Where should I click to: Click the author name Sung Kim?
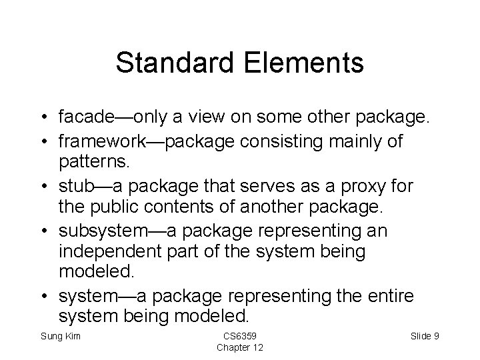click(x=61, y=336)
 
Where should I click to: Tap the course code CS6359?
click(x=239, y=336)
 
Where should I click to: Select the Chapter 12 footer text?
click(x=239, y=347)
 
